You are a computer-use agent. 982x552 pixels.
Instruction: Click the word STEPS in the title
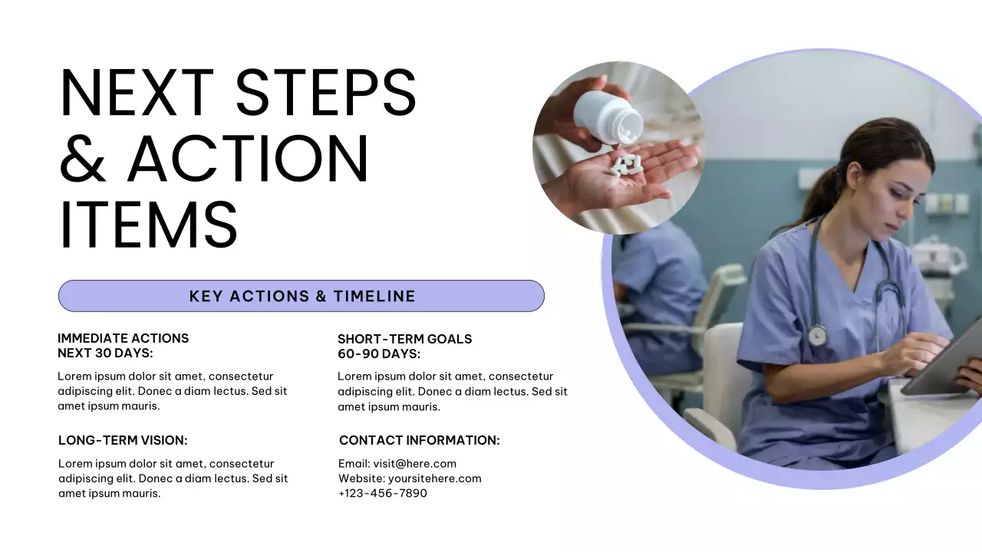[325, 93]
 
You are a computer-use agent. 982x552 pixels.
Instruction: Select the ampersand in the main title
[83, 159]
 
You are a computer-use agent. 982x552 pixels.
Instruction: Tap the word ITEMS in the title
[148, 224]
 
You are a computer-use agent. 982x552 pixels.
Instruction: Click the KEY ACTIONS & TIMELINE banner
[302, 296]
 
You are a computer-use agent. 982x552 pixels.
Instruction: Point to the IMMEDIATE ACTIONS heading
[123, 338]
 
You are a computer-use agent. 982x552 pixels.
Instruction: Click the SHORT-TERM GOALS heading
[404, 339]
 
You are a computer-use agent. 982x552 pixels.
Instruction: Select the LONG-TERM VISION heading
[123, 440]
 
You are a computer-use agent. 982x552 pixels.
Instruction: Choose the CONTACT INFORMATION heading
[419, 440]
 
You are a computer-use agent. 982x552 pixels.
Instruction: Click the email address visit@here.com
[414, 463]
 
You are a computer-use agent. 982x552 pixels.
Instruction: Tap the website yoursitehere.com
[434, 478]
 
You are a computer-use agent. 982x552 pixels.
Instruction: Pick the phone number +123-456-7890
[382, 493]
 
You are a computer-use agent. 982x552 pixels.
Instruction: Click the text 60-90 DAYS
[379, 354]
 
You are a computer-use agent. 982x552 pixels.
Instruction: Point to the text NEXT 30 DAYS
[105, 353]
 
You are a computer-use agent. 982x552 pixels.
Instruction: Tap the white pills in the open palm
[626, 164]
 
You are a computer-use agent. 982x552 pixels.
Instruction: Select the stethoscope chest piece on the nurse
[817, 335]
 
